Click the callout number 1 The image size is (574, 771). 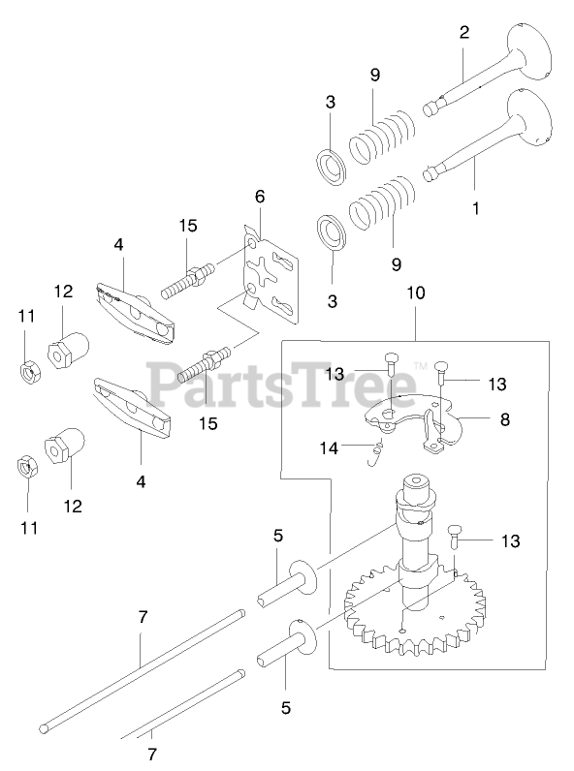(475, 208)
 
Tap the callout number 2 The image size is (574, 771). (464, 33)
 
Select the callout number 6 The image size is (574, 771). (260, 197)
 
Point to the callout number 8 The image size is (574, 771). (504, 419)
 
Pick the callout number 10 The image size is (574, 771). (416, 293)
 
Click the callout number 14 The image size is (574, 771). (329, 447)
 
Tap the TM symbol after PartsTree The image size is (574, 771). (421, 365)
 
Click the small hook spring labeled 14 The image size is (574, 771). (376, 453)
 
